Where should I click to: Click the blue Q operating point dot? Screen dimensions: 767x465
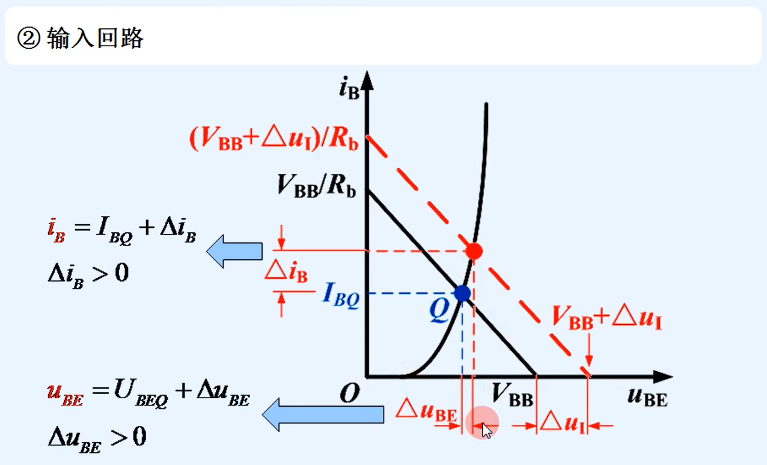pos(462,294)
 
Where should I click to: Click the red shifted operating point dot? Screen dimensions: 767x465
pos(474,251)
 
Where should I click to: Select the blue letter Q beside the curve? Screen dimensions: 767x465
pos(440,311)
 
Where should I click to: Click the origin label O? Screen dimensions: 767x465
pos(349,394)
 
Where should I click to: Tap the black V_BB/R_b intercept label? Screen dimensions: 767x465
pos(316,185)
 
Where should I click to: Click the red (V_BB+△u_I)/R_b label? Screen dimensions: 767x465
pos(273,140)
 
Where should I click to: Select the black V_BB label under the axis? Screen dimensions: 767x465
pos(512,395)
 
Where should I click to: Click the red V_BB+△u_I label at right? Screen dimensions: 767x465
pos(607,318)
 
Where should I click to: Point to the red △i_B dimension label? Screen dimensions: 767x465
pos(287,273)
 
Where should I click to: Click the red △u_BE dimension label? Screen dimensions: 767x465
pos(426,411)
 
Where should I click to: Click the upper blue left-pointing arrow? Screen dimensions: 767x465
pos(234,251)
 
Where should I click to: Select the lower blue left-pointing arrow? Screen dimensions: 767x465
pos(323,414)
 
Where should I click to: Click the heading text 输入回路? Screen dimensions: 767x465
pos(95,38)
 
